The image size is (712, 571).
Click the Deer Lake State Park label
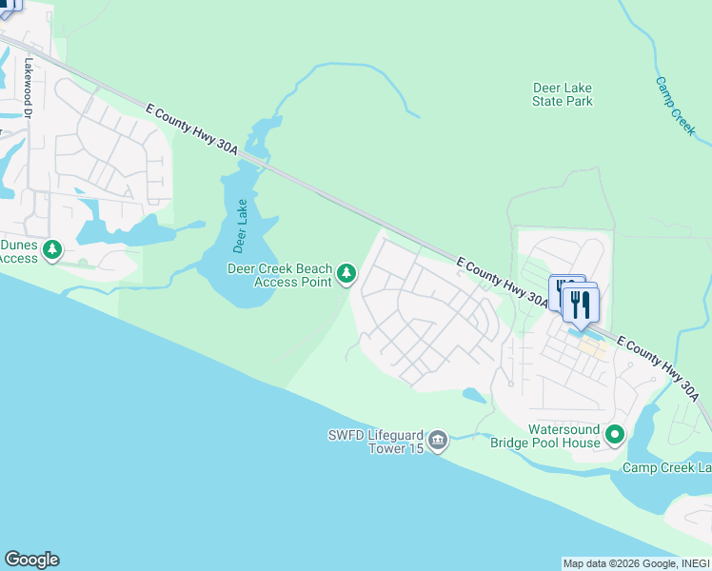(x=562, y=94)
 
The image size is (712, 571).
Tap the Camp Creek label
(x=676, y=106)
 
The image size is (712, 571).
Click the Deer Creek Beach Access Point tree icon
(x=346, y=274)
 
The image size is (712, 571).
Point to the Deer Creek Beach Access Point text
(x=279, y=275)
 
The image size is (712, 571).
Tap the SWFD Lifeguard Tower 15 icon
(x=438, y=440)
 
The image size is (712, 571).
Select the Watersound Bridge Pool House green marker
(x=615, y=436)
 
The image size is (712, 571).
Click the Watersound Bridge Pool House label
(x=544, y=436)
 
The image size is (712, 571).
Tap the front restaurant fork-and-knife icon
(x=580, y=305)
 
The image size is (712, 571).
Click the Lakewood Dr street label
(x=29, y=89)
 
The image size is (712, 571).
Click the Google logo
(x=31, y=560)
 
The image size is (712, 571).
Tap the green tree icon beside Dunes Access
(x=53, y=250)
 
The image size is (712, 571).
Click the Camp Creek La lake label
(x=666, y=467)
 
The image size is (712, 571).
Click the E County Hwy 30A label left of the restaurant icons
(x=502, y=283)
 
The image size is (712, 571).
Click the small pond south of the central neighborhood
(x=474, y=395)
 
